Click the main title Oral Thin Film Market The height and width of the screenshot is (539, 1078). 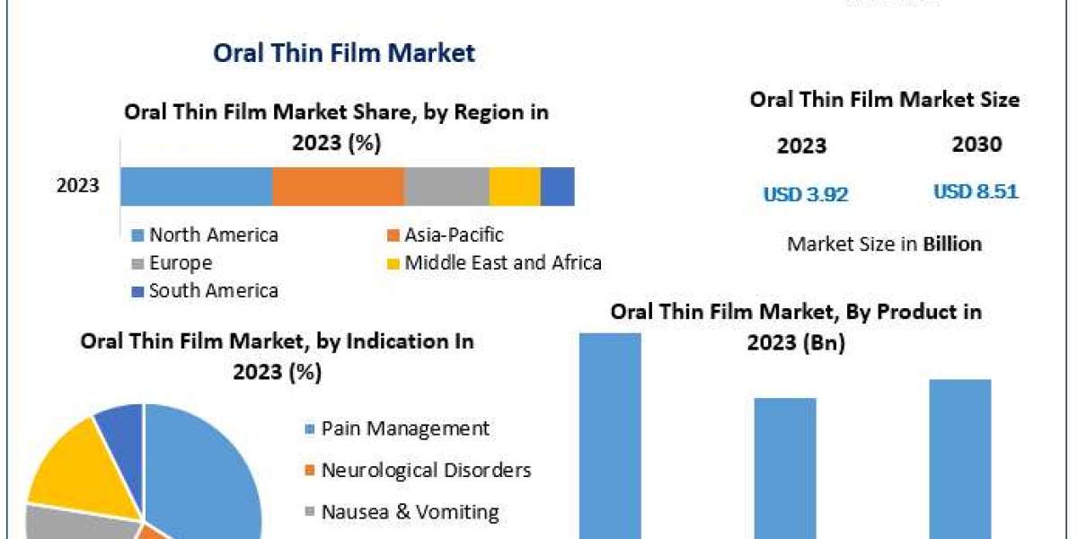[x=343, y=53]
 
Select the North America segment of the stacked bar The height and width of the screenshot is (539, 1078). [x=197, y=187]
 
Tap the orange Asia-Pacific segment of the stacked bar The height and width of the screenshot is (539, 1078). [x=338, y=187]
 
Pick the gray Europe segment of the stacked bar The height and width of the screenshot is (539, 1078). [x=446, y=187]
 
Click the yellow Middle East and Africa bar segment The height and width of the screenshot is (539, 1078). [x=515, y=187]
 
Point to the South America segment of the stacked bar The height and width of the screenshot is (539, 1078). [x=557, y=187]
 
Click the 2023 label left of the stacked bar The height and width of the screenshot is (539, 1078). [x=78, y=187]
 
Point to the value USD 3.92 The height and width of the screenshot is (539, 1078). [x=806, y=194]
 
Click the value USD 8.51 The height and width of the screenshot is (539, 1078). [x=976, y=192]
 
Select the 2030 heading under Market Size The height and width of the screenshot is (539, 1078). [x=976, y=146]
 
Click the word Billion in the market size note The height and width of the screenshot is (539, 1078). [x=952, y=243]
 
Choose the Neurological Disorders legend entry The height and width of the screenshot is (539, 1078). [x=426, y=470]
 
